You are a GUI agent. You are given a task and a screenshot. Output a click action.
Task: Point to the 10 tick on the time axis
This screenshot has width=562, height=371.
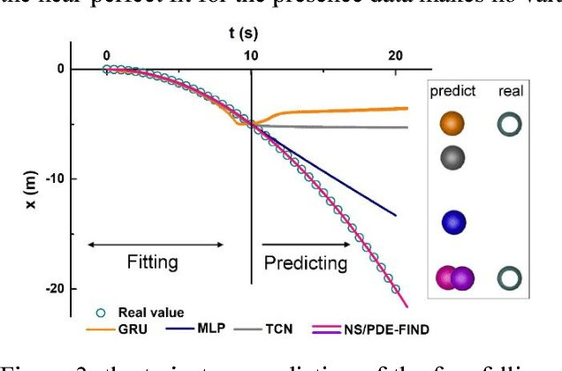point(251,55)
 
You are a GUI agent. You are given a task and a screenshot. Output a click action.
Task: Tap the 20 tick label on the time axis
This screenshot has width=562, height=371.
point(397,55)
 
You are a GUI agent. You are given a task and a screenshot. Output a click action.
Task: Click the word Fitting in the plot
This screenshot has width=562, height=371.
point(153,262)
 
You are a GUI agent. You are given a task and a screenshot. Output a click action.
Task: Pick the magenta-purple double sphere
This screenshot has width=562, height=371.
point(456,278)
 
